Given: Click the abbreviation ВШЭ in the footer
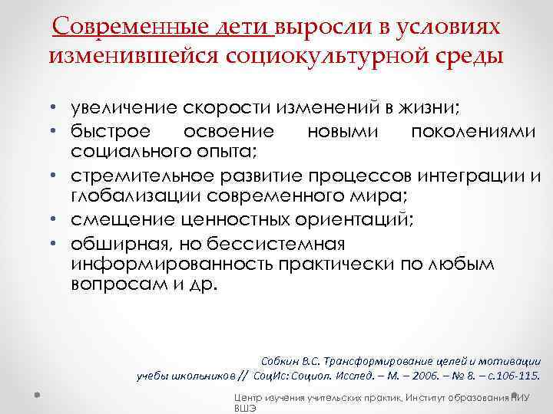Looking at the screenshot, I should (244, 409).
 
